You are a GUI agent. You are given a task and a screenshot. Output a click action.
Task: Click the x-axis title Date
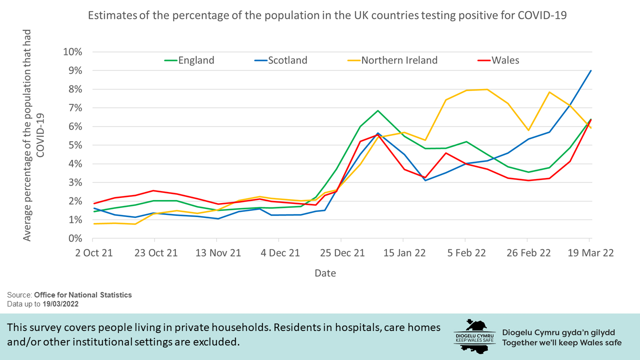click(x=325, y=273)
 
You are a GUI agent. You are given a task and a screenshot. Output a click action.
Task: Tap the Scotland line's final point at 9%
click(x=591, y=70)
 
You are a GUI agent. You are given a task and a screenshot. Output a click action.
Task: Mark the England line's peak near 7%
click(x=378, y=110)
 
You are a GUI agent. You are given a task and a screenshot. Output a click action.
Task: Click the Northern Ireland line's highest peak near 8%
click(x=486, y=89)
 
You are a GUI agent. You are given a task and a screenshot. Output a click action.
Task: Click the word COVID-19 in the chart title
click(x=542, y=15)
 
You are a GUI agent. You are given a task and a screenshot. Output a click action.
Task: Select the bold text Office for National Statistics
click(x=83, y=295)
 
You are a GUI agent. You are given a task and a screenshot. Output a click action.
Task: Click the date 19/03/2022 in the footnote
click(x=60, y=303)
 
